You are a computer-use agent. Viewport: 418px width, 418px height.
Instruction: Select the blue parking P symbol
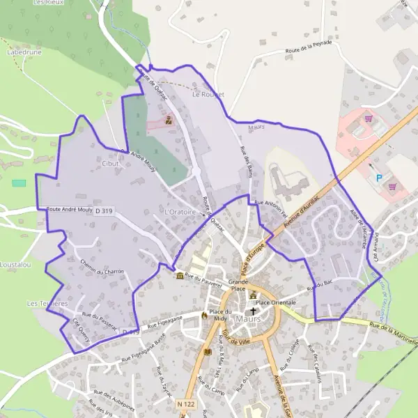[380, 178]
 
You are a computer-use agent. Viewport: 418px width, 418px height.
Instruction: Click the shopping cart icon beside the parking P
[392, 186]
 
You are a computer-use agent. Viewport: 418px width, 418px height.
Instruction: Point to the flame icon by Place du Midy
[204, 315]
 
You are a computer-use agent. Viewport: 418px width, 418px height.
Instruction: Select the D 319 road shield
[104, 210]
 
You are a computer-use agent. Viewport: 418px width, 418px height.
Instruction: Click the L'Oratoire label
[178, 210]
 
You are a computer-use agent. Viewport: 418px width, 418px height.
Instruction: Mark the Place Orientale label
[276, 302]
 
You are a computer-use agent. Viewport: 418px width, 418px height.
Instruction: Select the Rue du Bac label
[317, 284]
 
